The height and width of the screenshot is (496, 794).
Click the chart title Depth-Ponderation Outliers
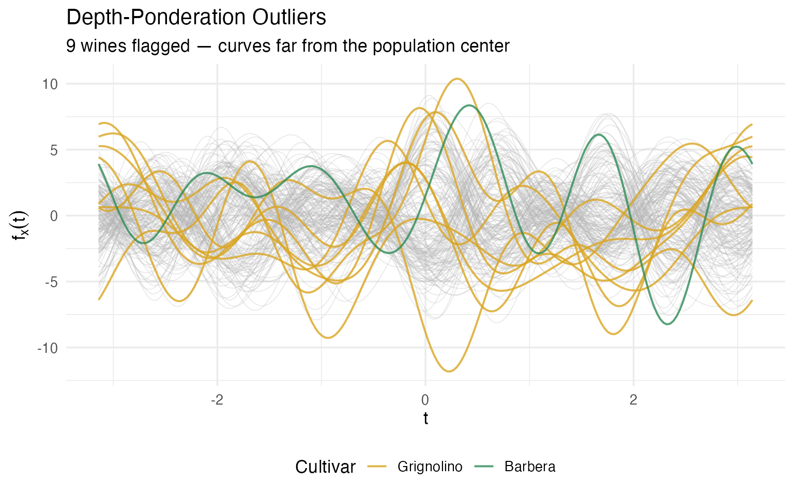(x=196, y=18)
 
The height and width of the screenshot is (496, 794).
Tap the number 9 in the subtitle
(x=71, y=46)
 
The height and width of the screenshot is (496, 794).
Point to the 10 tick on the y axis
(x=50, y=84)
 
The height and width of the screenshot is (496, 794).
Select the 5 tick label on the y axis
(x=53, y=150)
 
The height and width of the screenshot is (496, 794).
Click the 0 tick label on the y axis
(x=53, y=216)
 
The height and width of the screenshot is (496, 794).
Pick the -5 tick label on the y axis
(x=51, y=282)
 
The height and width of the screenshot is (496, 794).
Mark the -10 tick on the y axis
(x=48, y=348)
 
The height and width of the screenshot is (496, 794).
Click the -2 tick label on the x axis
(x=217, y=400)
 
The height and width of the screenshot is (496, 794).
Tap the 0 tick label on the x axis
(x=425, y=400)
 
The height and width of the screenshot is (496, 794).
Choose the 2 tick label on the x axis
(x=633, y=400)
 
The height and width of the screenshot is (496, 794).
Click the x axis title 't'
(x=425, y=419)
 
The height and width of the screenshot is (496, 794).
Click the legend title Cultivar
(x=325, y=467)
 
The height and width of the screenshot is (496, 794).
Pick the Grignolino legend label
(x=430, y=467)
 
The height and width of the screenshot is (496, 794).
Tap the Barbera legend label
(x=530, y=467)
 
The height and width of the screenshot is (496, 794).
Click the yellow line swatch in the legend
(x=377, y=467)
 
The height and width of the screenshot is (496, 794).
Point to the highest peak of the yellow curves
(x=457, y=79)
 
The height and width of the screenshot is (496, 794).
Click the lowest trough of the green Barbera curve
(x=668, y=324)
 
